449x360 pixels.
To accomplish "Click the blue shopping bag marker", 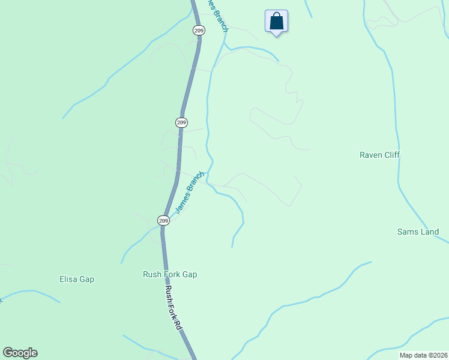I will click(276, 22).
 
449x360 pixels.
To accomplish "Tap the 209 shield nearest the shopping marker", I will click(198, 29).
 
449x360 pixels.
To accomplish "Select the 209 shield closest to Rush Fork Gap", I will click(163, 221).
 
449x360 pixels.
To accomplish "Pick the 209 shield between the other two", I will click(182, 122).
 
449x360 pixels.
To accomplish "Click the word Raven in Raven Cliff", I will click(370, 155).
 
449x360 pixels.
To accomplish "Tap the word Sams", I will click(408, 232).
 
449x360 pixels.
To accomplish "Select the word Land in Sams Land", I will click(430, 232).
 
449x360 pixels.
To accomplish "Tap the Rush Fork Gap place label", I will click(170, 275).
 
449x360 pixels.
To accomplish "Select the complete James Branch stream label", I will click(190, 193).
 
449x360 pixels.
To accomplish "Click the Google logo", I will click(20, 353).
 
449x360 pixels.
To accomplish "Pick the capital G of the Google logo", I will click(8, 353).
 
